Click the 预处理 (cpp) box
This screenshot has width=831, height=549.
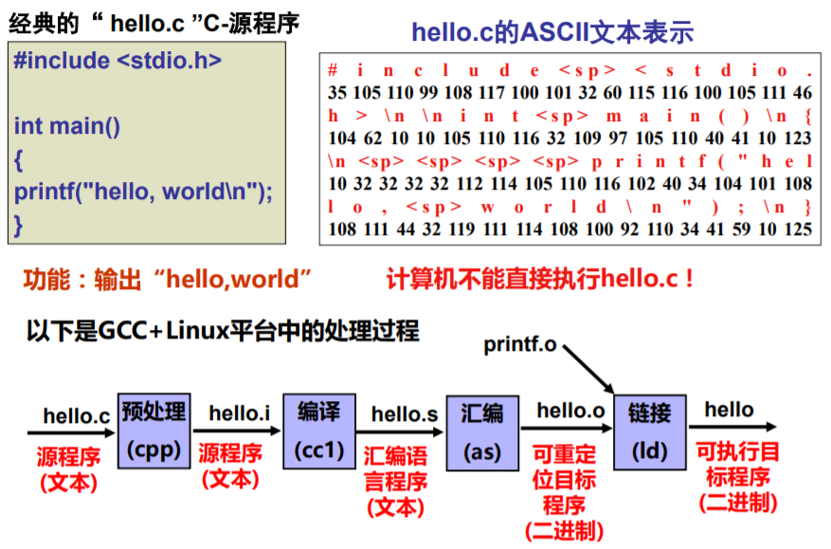pos(154,430)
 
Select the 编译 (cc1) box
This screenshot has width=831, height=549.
pos(319,430)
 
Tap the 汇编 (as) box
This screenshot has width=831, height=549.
pos(482,432)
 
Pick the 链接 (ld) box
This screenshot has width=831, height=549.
pos(649,431)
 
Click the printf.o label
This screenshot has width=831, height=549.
pos(520,344)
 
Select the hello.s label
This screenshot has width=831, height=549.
pos(404,413)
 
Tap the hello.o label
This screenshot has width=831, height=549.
pos(570,411)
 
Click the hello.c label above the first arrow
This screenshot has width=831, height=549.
pos(77,416)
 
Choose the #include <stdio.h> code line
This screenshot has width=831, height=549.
pos(117,61)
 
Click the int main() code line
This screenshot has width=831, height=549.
pos(67,125)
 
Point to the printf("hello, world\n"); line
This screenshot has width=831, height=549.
pos(143,192)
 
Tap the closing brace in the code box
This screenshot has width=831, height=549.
pos(18,225)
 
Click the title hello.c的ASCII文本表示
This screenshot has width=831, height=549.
pos(551,33)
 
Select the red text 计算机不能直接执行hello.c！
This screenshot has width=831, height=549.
pos(541,279)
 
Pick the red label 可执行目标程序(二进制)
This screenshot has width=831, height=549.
pos(738,476)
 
